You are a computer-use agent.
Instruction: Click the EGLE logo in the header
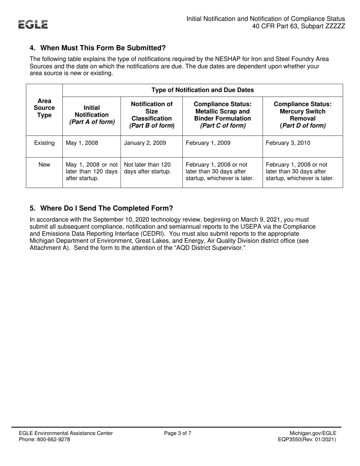pyautogui.click(x=34, y=25)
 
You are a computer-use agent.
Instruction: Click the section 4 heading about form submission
pyautogui.click(x=98, y=48)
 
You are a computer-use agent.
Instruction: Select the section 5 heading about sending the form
pyautogui.click(x=101, y=208)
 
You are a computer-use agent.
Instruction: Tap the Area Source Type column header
pyautogui.click(x=44, y=108)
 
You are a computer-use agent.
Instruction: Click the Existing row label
pyautogui.click(x=44, y=143)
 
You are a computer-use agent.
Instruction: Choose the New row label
pyautogui.click(x=44, y=164)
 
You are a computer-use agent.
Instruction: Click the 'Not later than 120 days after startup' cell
pyautogui.click(x=147, y=168)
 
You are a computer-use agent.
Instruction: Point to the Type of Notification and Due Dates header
pyautogui.click(x=203, y=90)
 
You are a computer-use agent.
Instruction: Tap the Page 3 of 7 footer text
pyautogui.click(x=178, y=433)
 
